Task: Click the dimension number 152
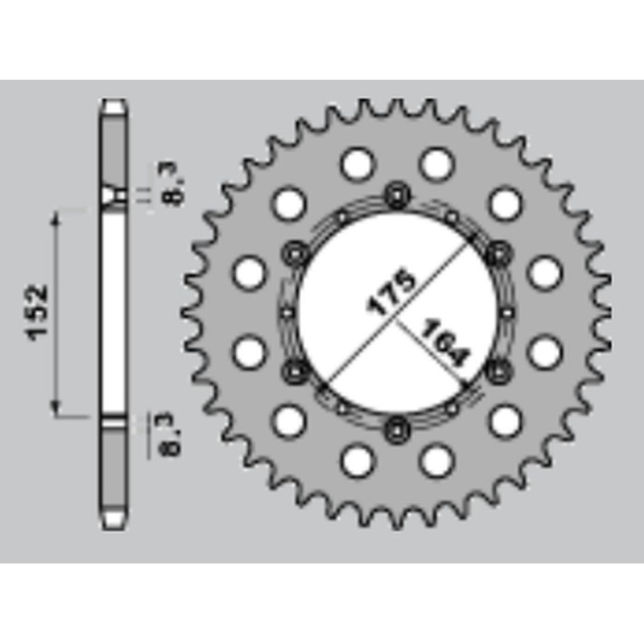39,312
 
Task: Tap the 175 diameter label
391,291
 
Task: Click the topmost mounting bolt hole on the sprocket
396,192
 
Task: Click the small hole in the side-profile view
119,195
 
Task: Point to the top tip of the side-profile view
114,102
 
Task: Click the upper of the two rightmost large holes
544,271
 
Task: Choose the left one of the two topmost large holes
356,164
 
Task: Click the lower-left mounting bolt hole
293,369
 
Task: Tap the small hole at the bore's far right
506,312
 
